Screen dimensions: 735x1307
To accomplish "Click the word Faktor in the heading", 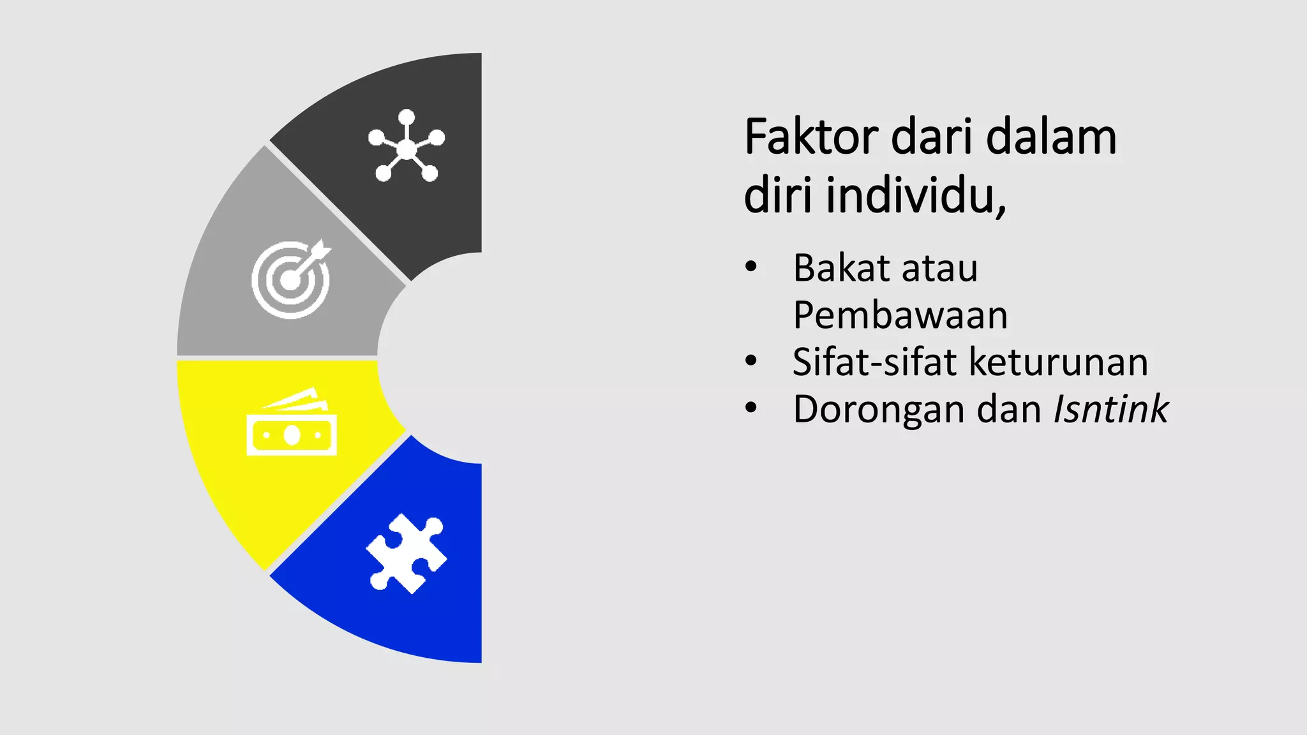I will pos(811,137).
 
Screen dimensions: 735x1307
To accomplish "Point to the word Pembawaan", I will pos(900,315).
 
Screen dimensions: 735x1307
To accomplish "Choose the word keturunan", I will pos(1059,362).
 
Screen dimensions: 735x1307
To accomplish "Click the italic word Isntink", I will pos(1110,409).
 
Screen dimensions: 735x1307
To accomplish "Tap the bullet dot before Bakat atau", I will pos(751,267).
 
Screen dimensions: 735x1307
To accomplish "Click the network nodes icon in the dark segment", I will pos(407,146).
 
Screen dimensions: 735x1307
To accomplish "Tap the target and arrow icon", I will pos(292,279).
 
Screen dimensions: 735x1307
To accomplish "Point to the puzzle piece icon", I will pos(406,553).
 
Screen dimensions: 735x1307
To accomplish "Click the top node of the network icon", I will pos(407,118).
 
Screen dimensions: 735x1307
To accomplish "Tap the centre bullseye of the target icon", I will pos(290,281).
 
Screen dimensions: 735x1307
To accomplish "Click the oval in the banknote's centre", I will pos(292,435).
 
